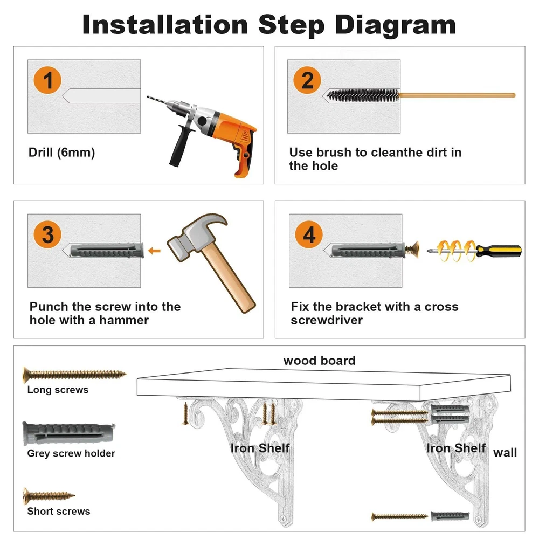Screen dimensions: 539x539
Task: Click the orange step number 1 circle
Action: (47, 80)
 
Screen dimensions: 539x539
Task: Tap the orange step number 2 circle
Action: (307, 80)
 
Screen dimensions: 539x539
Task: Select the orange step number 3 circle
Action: (47, 234)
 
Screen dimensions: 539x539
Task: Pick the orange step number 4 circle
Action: (309, 234)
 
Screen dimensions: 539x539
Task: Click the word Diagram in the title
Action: (395, 25)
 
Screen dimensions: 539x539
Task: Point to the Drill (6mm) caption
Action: (61, 153)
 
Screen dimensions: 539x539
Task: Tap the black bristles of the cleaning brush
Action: (363, 95)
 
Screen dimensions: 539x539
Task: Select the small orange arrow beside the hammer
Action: (154, 251)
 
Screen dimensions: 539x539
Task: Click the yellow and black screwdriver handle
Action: (499, 251)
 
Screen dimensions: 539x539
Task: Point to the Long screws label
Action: (58, 390)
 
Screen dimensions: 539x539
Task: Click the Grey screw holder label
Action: (71, 453)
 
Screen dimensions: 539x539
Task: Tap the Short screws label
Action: (58, 511)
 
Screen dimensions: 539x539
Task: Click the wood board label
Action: (319, 361)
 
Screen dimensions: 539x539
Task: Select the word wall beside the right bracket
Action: (505, 453)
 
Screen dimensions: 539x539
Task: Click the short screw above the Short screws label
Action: (49, 496)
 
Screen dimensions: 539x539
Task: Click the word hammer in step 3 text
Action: (124, 320)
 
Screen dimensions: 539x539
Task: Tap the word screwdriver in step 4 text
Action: (327, 320)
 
